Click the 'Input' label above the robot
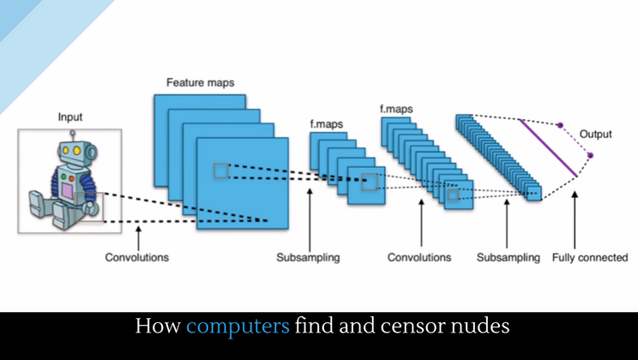(71, 117)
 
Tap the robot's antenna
(73, 135)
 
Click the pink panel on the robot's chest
(66, 185)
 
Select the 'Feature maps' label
(200, 81)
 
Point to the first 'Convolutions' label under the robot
(136, 257)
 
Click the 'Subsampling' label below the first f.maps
(308, 257)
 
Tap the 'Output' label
(597, 135)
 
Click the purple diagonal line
(547, 147)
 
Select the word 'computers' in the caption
(237, 327)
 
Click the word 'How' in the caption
(158, 327)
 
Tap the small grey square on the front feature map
(221, 171)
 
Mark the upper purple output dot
(560, 125)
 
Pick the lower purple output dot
(590, 155)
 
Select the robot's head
(73, 155)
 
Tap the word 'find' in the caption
(316, 327)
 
